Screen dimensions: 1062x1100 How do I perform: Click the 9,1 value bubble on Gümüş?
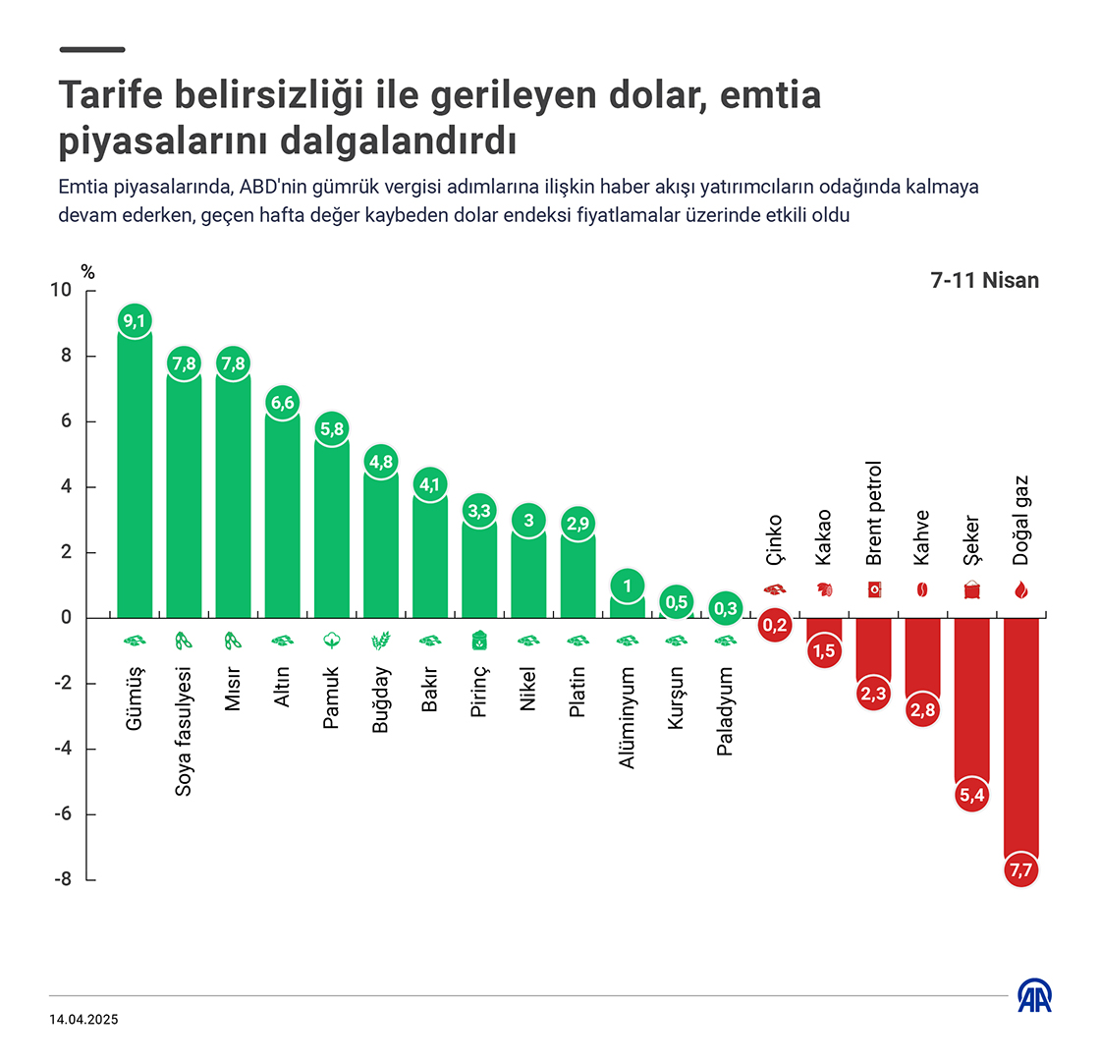click(x=135, y=320)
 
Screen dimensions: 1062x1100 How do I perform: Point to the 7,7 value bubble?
click(x=1020, y=870)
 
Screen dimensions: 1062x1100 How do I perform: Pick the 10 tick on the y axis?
click(x=61, y=291)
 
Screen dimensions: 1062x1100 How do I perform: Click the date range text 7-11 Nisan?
click(x=984, y=280)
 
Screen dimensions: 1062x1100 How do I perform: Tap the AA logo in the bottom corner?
click(x=1035, y=996)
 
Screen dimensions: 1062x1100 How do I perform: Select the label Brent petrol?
click(x=873, y=514)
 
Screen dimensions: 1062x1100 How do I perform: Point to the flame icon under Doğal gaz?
click(x=1020, y=590)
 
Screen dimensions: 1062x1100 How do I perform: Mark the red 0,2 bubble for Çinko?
click(x=775, y=625)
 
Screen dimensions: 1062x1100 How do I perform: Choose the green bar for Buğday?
click(x=381, y=550)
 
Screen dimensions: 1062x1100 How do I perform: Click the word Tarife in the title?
click(x=112, y=96)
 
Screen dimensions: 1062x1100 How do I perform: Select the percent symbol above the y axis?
click(x=88, y=272)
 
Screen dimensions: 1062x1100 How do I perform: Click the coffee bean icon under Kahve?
click(x=922, y=590)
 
